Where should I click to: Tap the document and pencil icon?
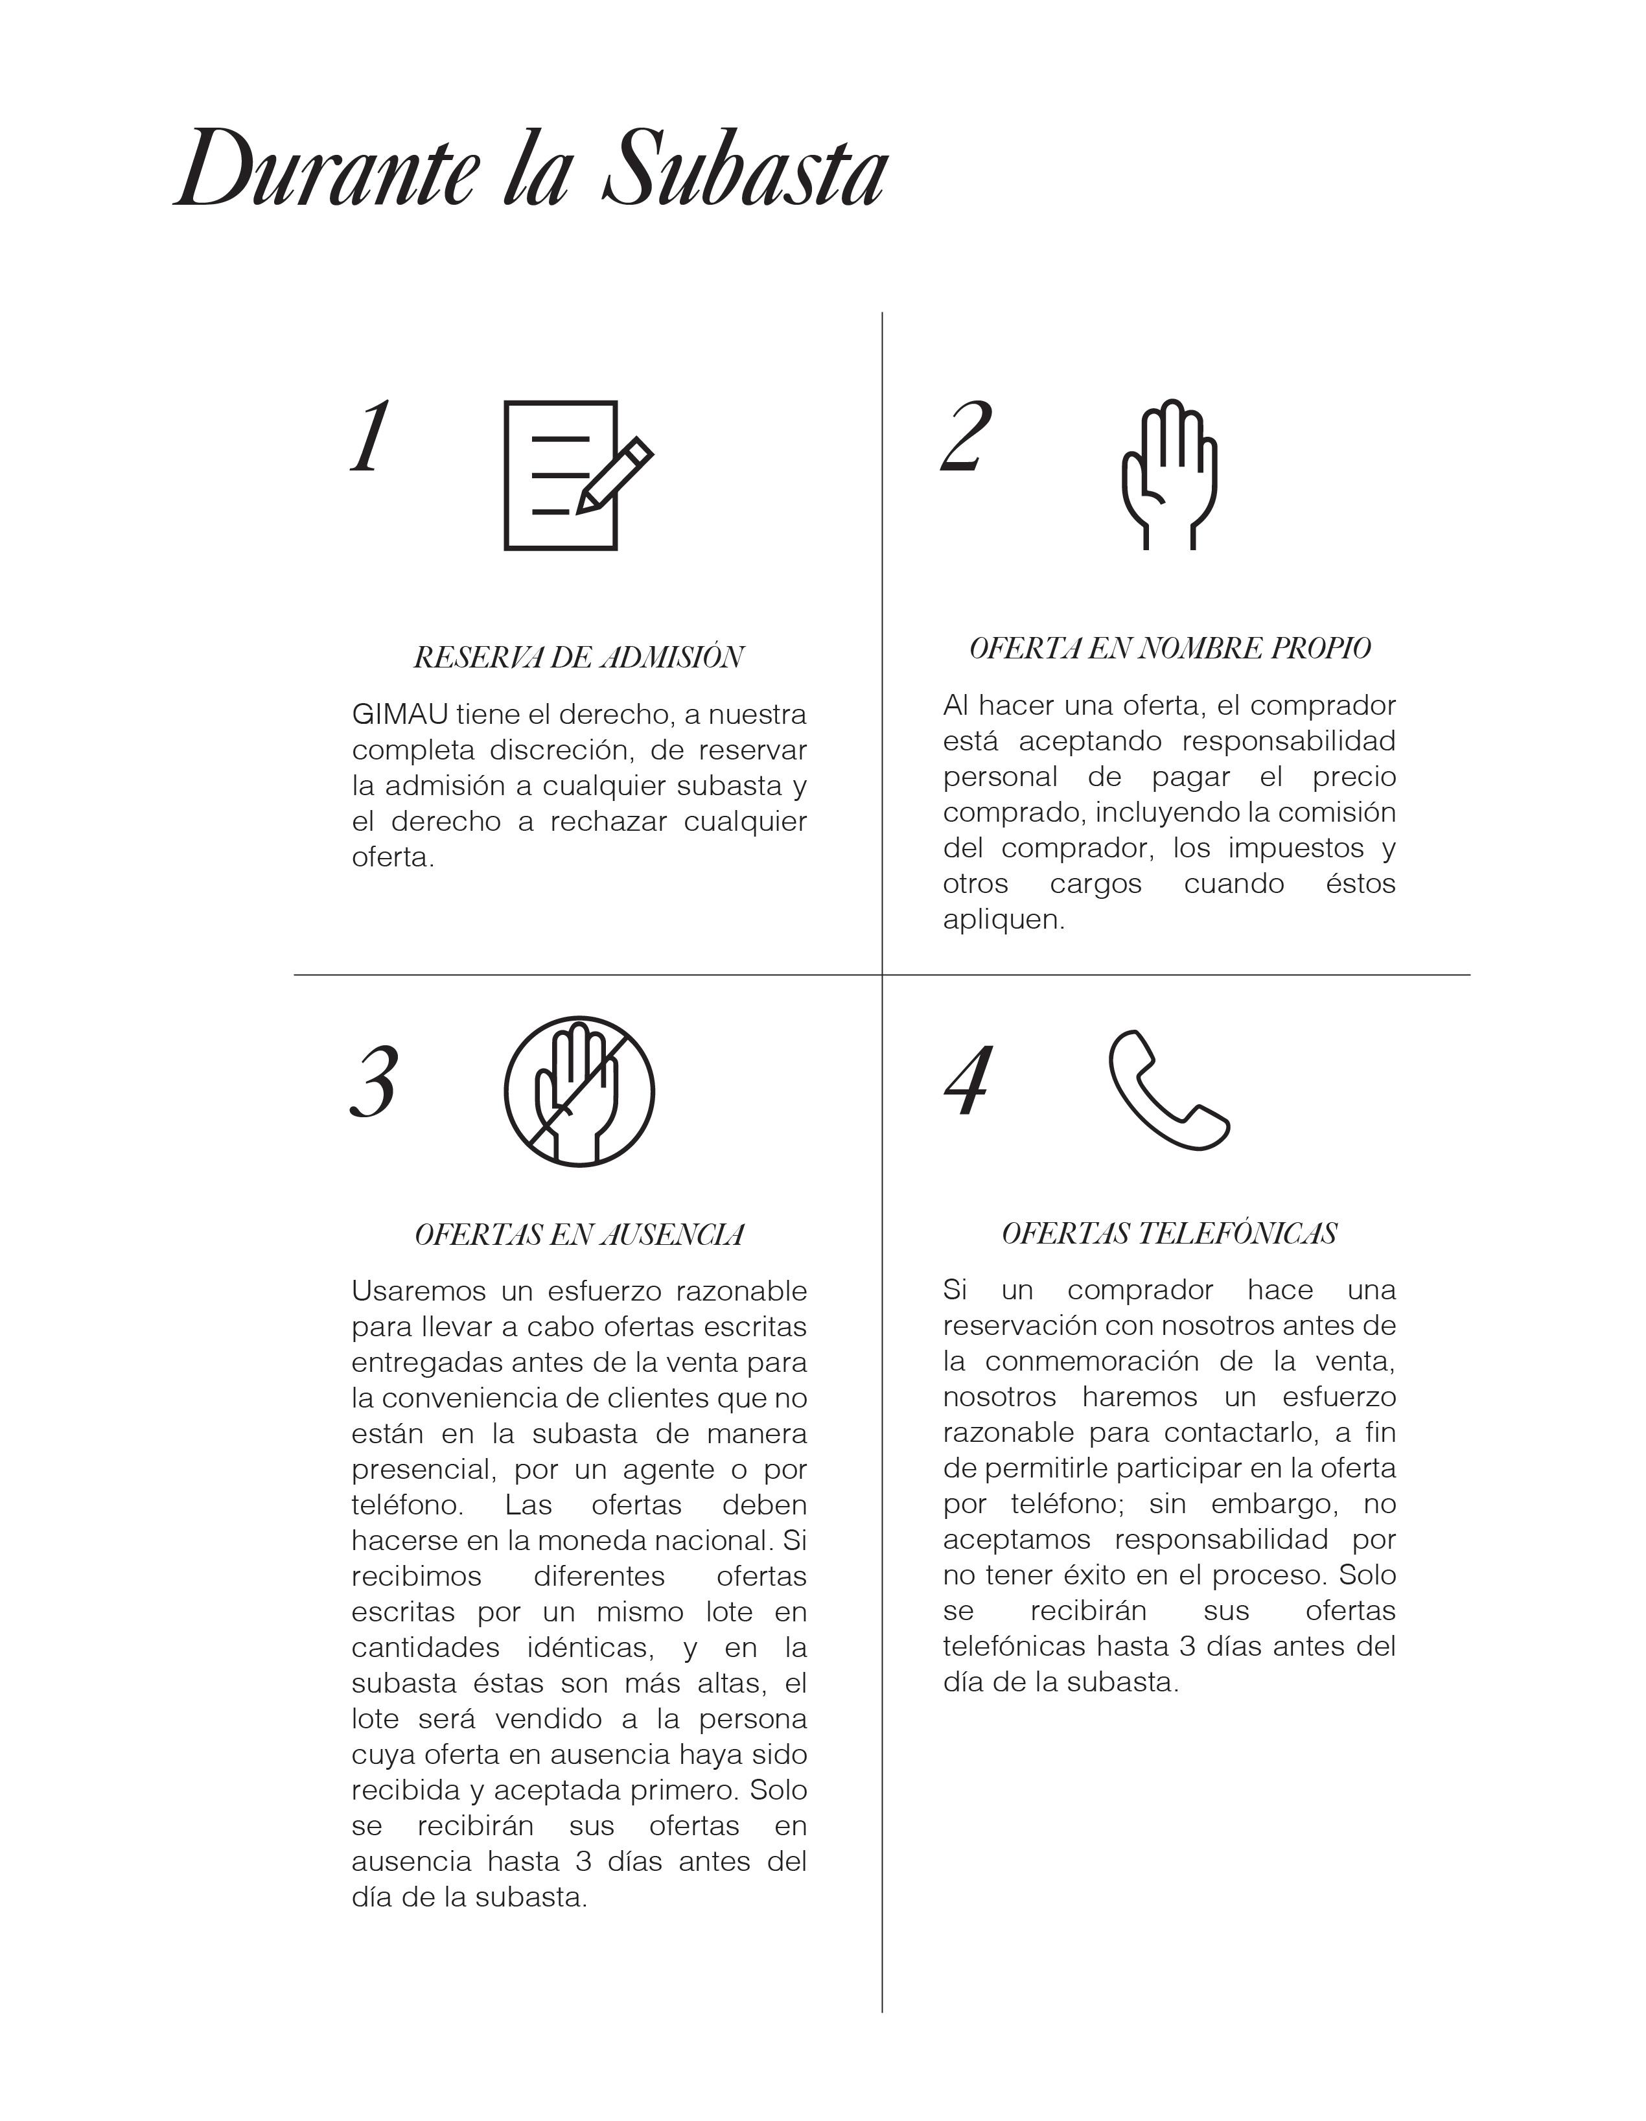577,475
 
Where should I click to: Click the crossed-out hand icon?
579,1091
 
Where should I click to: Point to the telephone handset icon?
1168,1089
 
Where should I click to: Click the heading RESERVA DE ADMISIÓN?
579,658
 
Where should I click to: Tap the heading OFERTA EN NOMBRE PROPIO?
1169,648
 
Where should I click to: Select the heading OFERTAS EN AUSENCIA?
579,1234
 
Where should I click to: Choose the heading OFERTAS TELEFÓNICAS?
1169,1233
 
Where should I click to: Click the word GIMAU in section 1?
399,715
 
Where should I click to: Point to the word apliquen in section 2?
1003,920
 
